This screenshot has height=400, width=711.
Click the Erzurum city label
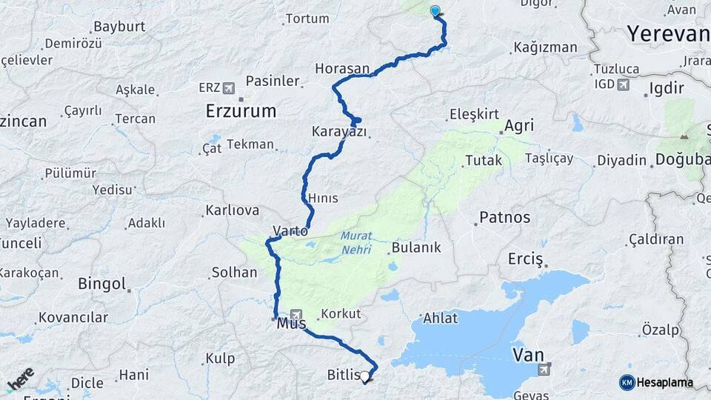pyautogui.click(x=241, y=111)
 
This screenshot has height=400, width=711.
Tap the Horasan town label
pyautogui.click(x=341, y=68)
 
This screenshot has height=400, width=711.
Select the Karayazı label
pyautogui.click(x=339, y=132)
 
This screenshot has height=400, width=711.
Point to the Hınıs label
pyautogui.click(x=323, y=198)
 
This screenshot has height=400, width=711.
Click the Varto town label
pyautogui.click(x=290, y=231)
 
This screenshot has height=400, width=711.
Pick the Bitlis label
pyautogui.click(x=343, y=375)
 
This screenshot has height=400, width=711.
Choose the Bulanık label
pyautogui.click(x=416, y=247)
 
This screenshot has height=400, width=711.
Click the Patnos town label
pyautogui.click(x=504, y=217)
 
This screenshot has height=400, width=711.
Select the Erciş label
pyautogui.click(x=525, y=259)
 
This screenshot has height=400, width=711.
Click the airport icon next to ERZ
pyautogui.click(x=227, y=87)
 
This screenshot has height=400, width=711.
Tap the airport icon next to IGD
pyautogui.click(x=622, y=84)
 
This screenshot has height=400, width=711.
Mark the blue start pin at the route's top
pyautogui.click(x=435, y=11)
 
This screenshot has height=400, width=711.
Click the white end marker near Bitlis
pyautogui.click(x=365, y=377)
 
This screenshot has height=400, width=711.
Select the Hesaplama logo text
pyautogui.click(x=664, y=382)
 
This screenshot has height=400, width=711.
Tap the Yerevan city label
pyautogui.click(x=667, y=33)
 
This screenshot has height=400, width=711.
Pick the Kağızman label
pyautogui.click(x=544, y=48)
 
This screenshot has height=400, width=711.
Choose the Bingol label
pyautogui.click(x=102, y=284)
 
